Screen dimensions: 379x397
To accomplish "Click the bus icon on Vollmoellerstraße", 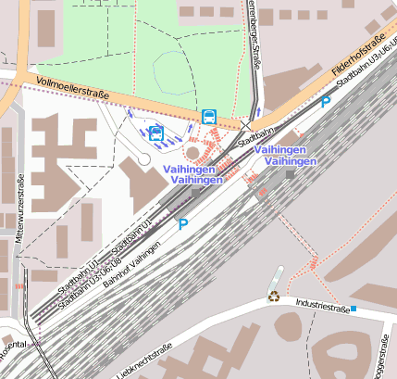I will point(209,117).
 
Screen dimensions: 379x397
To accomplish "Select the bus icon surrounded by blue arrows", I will point(156,133).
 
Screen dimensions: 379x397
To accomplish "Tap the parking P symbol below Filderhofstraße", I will point(325,102).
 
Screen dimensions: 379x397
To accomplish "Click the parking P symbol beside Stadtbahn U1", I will point(183,223).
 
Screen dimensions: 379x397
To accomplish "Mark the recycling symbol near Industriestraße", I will point(274,297).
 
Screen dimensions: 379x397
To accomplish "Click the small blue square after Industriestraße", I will point(354,308).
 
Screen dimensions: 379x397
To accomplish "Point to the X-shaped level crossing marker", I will point(246,124).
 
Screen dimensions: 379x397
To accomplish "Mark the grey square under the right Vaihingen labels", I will point(291,173).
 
